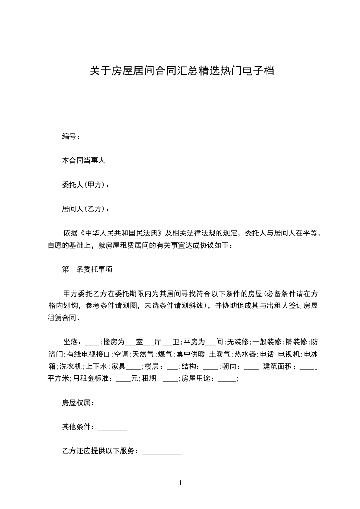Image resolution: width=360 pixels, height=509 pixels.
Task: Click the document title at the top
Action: tap(181, 71)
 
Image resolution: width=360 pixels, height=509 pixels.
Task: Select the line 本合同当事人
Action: tap(84, 160)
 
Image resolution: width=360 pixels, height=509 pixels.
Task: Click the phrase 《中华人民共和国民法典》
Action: tap(121, 233)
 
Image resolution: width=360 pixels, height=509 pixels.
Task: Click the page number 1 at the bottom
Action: tap(180, 483)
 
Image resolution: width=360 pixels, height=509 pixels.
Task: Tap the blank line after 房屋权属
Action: tap(113, 403)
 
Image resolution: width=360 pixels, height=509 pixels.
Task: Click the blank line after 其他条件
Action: tap(113, 427)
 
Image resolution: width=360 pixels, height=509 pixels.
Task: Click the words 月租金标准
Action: tap(92, 378)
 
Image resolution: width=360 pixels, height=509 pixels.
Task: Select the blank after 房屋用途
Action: tap(227, 378)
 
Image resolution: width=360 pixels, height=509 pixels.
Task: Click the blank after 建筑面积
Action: tap(309, 366)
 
